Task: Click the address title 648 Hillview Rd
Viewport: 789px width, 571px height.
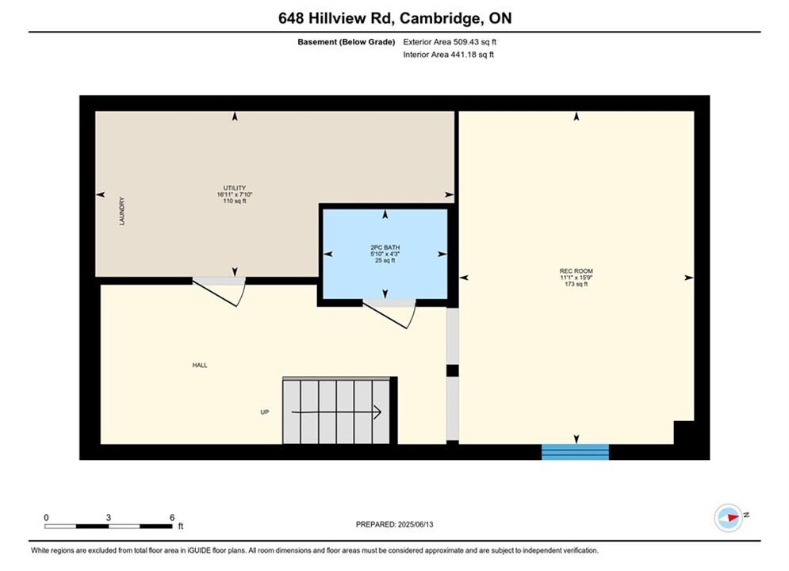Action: [x=338, y=18]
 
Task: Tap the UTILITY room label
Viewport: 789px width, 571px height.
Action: [x=235, y=188]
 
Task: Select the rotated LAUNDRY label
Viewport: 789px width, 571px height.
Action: [x=122, y=211]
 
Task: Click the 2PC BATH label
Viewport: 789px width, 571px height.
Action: [x=385, y=247]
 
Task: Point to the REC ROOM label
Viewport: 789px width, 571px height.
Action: [x=576, y=271]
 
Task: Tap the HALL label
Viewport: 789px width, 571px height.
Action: [x=200, y=366]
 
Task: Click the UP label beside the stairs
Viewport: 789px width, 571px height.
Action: [x=265, y=412]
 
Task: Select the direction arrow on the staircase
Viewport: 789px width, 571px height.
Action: [x=336, y=412]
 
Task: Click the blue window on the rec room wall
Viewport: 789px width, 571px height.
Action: [x=575, y=452]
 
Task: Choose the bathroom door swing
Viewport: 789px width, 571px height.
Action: [x=389, y=314]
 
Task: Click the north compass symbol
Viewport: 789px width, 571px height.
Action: [x=729, y=517]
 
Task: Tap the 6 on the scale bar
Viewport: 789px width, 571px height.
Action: [x=172, y=518]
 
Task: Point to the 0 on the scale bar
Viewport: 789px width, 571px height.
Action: [x=46, y=518]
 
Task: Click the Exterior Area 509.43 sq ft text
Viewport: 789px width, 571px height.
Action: [x=450, y=42]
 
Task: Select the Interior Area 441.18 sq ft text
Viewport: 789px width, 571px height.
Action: [x=448, y=55]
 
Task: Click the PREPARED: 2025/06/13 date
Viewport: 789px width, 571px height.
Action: [x=395, y=524]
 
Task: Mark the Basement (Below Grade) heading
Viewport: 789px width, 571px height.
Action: [x=347, y=42]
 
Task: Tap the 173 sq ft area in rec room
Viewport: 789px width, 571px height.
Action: [x=576, y=284]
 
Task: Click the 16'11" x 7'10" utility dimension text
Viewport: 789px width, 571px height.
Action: [x=235, y=194]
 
